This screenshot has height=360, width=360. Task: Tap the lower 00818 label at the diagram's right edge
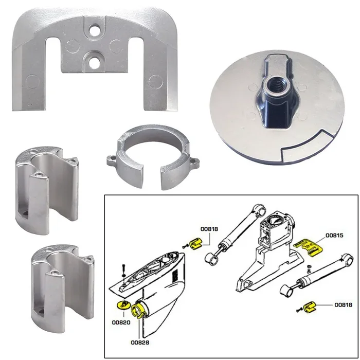click(343, 305)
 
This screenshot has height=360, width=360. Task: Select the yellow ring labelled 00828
click(138, 309)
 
